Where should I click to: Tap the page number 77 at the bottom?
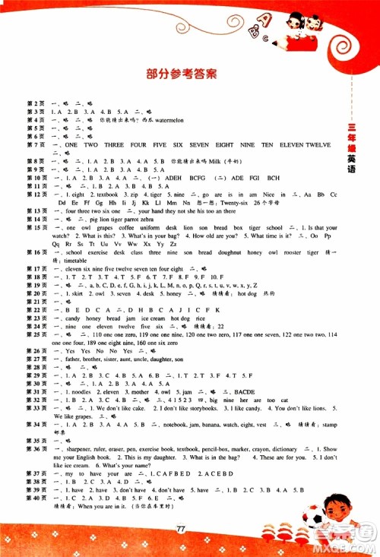[181, 529]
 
